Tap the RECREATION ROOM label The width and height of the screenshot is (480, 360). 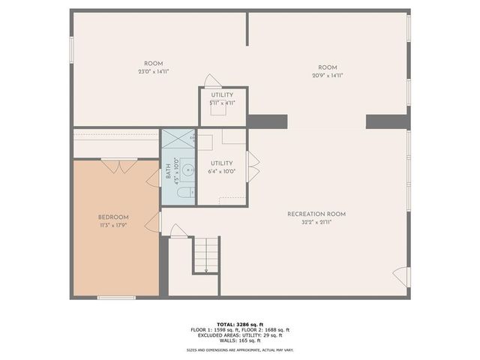coord(316,214)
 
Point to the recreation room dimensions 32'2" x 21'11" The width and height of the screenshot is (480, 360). coord(316,223)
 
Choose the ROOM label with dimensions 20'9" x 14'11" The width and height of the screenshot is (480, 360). coord(327,67)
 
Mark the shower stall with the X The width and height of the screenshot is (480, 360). coord(178,139)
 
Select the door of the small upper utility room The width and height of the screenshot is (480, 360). coord(212,80)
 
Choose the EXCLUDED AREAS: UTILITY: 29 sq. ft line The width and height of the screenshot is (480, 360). coord(240,334)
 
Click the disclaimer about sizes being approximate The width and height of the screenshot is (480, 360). coord(240,350)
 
